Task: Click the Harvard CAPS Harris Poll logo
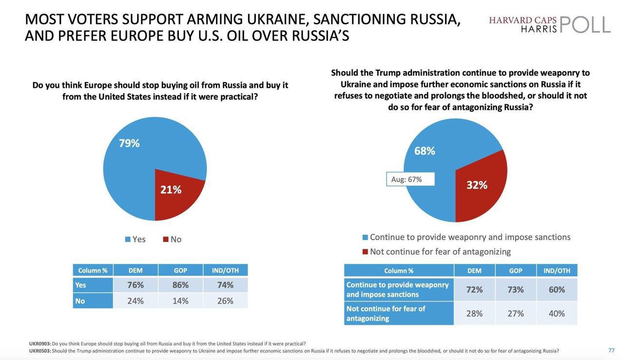[x=549, y=24]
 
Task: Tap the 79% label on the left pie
[x=129, y=143]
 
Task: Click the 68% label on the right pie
[x=425, y=151]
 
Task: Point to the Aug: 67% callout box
[x=410, y=179]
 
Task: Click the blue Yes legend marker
[x=128, y=240]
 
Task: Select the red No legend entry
[x=172, y=240]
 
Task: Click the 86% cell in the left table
[x=180, y=285]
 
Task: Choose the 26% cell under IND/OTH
[x=225, y=301]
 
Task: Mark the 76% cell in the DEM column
[x=136, y=285]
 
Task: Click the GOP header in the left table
[x=180, y=270]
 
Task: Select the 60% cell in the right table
[x=557, y=289]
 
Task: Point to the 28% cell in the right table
[x=474, y=313]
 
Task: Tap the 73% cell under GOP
[x=516, y=289]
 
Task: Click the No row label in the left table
[x=80, y=301]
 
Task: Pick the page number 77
[x=611, y=350]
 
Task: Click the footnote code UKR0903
[x=39, y=343]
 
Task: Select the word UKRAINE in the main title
[x=278, y=19]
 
